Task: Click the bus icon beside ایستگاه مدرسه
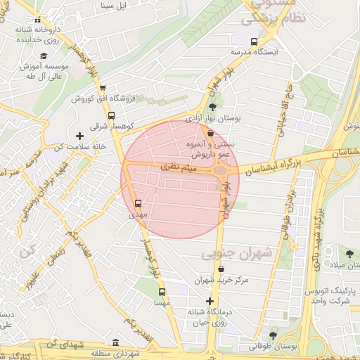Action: [x=255, y=41]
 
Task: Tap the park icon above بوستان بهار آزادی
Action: [x=212, y=107]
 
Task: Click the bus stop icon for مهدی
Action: [x=138, y=204]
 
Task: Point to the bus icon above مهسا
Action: [x=162, y=292]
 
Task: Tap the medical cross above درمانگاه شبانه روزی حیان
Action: [x=210, y=301]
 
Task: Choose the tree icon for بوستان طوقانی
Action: [x=273, y=335]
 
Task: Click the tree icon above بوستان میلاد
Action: [x=349, y=253]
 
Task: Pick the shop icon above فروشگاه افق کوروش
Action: [x=103, y=89]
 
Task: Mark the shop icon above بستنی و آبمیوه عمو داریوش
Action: [x=210, y=132]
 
